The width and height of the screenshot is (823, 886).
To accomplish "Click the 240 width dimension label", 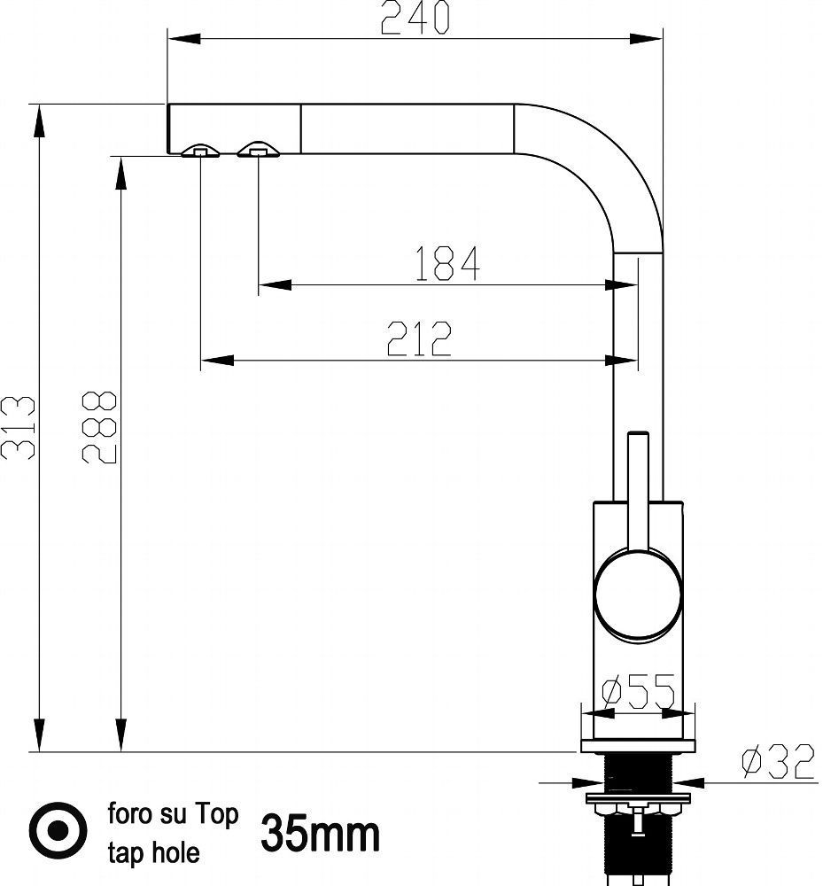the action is click(415, 18).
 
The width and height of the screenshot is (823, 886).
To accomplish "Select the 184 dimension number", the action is click(447, 263).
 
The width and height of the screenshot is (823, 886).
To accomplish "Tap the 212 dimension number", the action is click(419, 338).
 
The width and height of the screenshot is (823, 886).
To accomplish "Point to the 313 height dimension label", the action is click(18, 427).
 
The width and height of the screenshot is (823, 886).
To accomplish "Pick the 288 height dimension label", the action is click(99, 427).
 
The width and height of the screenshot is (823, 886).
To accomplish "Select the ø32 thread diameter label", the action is click(778, 761).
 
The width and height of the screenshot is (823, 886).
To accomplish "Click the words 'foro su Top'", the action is click(174, 814).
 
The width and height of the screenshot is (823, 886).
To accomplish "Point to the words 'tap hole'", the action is click(153, 852).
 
